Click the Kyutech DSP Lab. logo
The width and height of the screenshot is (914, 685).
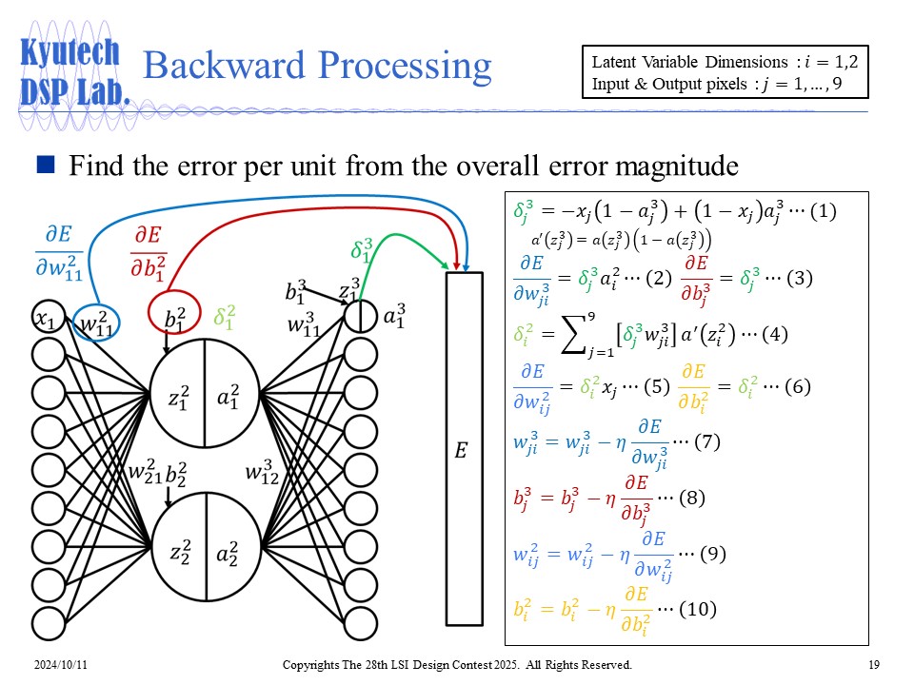click(x=72, y=71)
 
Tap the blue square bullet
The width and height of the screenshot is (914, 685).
click(x=45, y=166)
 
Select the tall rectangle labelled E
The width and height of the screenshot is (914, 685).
click(x=464, y=448)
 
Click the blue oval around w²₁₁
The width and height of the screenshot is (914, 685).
click(x=96, y=323)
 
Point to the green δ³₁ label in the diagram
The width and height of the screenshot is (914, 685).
click(x=361, y=250)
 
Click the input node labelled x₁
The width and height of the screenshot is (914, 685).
click(x=45, y=322)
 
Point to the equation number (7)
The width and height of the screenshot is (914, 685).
click(x=709, y=442)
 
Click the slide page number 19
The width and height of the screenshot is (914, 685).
click(x=873, y=664)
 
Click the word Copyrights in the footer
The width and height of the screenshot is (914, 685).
click(x=317, y=664)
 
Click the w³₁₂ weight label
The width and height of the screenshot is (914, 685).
click(x=262, y=472)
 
